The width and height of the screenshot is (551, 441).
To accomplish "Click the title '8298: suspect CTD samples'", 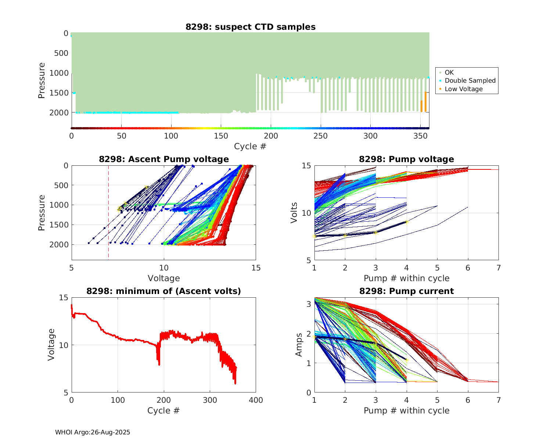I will point(250,27).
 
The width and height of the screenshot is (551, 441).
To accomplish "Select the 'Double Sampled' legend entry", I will point(470,80).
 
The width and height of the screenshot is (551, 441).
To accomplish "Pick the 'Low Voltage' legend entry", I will point(464,89).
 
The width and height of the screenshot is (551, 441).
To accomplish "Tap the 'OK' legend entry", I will point(449,72).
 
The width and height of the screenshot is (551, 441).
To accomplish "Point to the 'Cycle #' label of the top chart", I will point(250,146).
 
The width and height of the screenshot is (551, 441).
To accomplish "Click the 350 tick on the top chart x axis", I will point(420,136).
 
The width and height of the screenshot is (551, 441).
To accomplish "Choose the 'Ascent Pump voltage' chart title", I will point(164,159).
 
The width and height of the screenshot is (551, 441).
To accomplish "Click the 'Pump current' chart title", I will point(406,291).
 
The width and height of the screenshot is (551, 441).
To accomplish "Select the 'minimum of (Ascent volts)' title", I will point(164,291).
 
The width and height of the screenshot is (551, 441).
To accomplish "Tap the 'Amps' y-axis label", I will point(299,344).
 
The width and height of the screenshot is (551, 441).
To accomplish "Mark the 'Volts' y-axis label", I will point(294,213).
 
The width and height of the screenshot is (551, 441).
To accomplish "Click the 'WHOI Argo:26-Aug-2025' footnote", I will point(93,433).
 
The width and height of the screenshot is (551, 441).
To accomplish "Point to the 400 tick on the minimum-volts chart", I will point(256,400).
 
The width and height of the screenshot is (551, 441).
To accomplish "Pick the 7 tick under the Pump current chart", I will point(498,400).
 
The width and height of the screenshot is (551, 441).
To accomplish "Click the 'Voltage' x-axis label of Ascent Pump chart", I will point(164,278).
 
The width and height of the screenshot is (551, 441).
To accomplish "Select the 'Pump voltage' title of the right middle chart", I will point(406,159).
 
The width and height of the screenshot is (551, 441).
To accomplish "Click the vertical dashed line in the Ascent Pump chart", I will point(108,220).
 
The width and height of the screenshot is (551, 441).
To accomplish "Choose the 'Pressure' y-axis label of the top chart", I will point(42,80).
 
